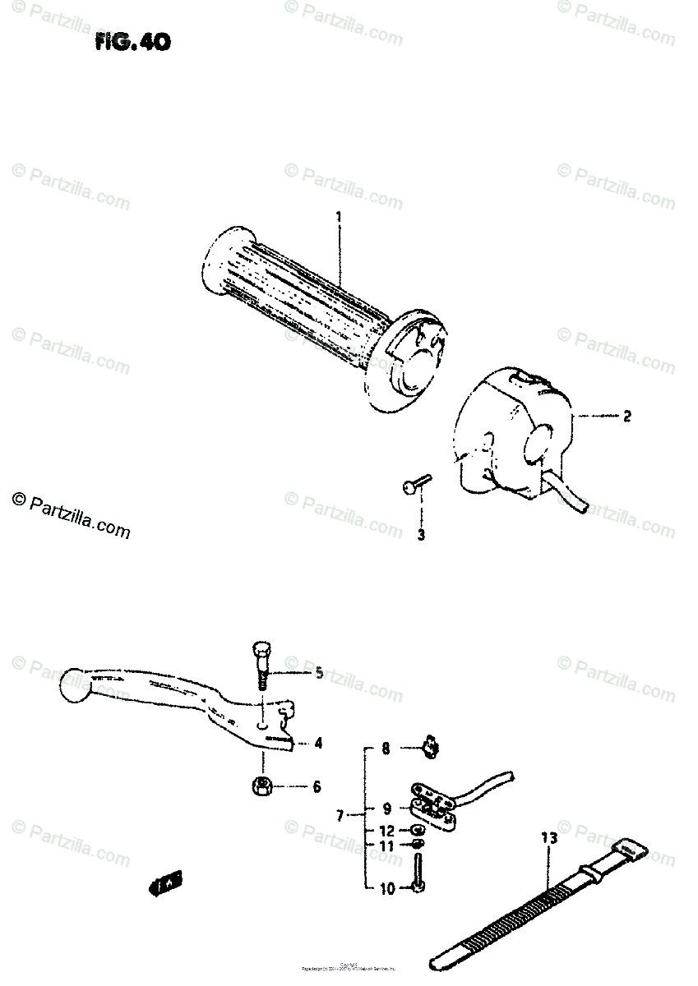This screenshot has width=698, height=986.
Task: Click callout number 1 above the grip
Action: (338, 216)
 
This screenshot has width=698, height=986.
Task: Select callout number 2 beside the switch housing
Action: (627, 417)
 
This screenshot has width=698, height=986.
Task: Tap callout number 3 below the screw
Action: (421, 537)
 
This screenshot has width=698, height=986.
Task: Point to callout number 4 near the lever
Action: (317, 744)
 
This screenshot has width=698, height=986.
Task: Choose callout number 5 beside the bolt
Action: (318, 674)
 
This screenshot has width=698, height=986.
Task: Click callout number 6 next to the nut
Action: (317, 787)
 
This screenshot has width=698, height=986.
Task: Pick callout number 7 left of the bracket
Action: (340, 816)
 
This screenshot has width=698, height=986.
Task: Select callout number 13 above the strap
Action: (549, 839)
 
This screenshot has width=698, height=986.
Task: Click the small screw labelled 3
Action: (416, 487)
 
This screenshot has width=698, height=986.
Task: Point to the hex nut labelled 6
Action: (261, 786)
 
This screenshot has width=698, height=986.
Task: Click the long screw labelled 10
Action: (419, 873)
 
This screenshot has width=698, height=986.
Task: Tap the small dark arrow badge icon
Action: (166, 885)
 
